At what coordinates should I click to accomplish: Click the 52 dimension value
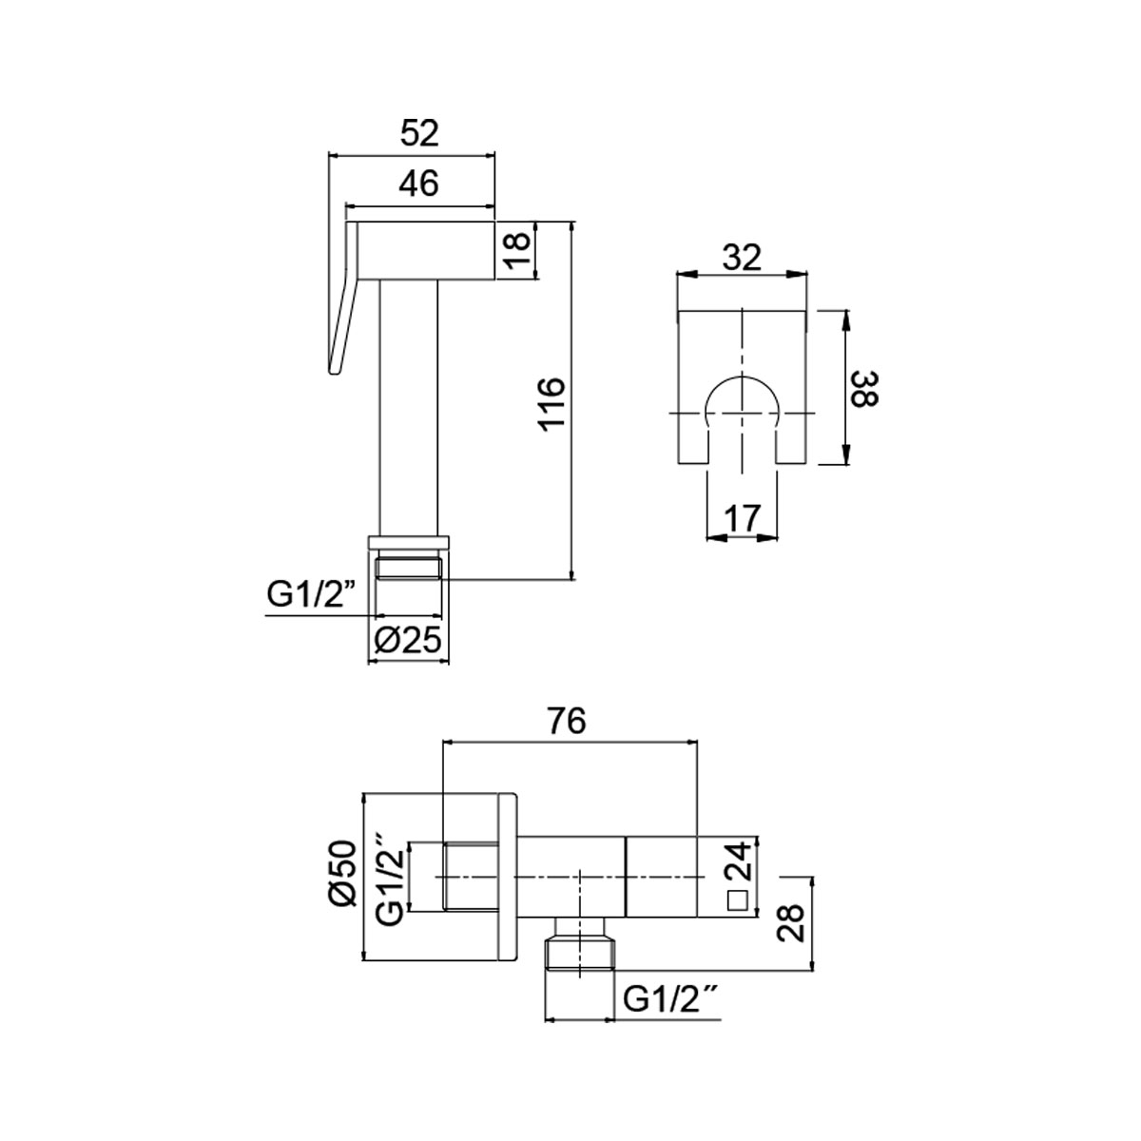point(418,134)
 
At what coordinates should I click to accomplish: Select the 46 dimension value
point(418,184)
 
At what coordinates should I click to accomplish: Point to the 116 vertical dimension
point(551,404)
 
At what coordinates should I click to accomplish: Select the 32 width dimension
point(742,258)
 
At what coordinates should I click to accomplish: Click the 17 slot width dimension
point(742,518)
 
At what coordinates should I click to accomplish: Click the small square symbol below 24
point(736,899)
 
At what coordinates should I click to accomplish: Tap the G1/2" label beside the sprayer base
point(310,596)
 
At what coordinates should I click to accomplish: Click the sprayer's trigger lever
point(340,314)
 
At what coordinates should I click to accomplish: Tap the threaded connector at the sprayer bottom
point(408,569)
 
